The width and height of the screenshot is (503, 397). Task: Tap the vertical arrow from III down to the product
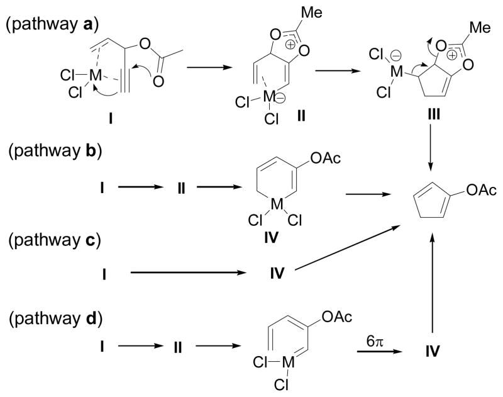[x=431, y=159]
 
